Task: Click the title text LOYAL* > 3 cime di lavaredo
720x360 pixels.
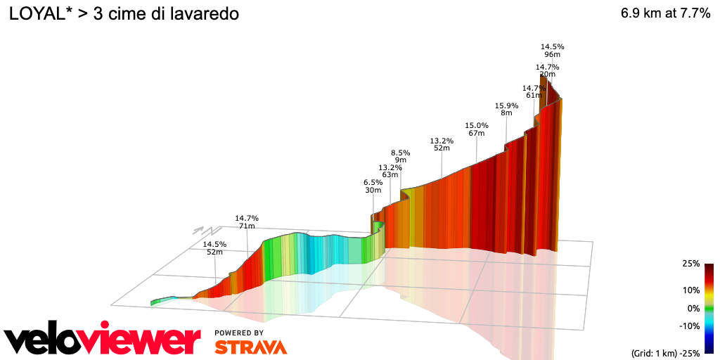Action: click(124, 15)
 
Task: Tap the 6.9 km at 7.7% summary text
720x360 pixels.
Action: click(665, 14)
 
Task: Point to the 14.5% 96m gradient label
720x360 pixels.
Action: click(552, 51)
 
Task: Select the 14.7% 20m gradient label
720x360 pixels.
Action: click(547, 71)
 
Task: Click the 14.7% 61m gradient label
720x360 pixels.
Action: click(534, 92)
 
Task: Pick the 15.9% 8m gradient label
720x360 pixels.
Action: click(506, 110)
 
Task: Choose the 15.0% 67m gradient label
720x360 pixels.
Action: click(477, 129)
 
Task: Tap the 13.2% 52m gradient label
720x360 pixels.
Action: click(442, 144)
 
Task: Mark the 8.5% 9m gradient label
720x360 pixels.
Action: click(401, 156)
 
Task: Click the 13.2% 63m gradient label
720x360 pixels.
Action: click(390, 171)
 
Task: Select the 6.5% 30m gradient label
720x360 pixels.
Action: click(373, 186)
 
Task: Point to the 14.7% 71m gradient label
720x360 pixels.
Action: click(247, 222)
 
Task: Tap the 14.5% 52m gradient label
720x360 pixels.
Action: click(214, 248)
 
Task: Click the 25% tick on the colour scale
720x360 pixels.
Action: click(690, 264)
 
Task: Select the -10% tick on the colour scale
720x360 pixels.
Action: click(689, 326)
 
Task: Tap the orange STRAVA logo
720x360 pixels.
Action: click(250, 347)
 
